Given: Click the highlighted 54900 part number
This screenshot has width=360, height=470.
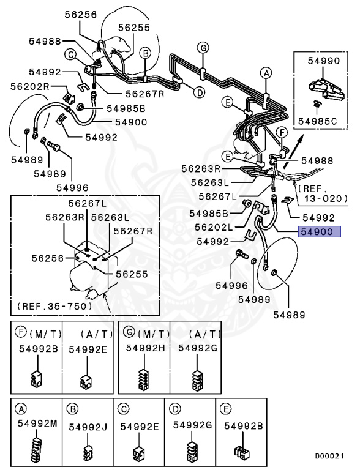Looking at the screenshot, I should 315,233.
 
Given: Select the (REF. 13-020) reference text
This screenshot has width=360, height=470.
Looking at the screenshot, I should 323,193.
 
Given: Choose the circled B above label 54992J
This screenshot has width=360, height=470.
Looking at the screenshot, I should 72,409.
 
